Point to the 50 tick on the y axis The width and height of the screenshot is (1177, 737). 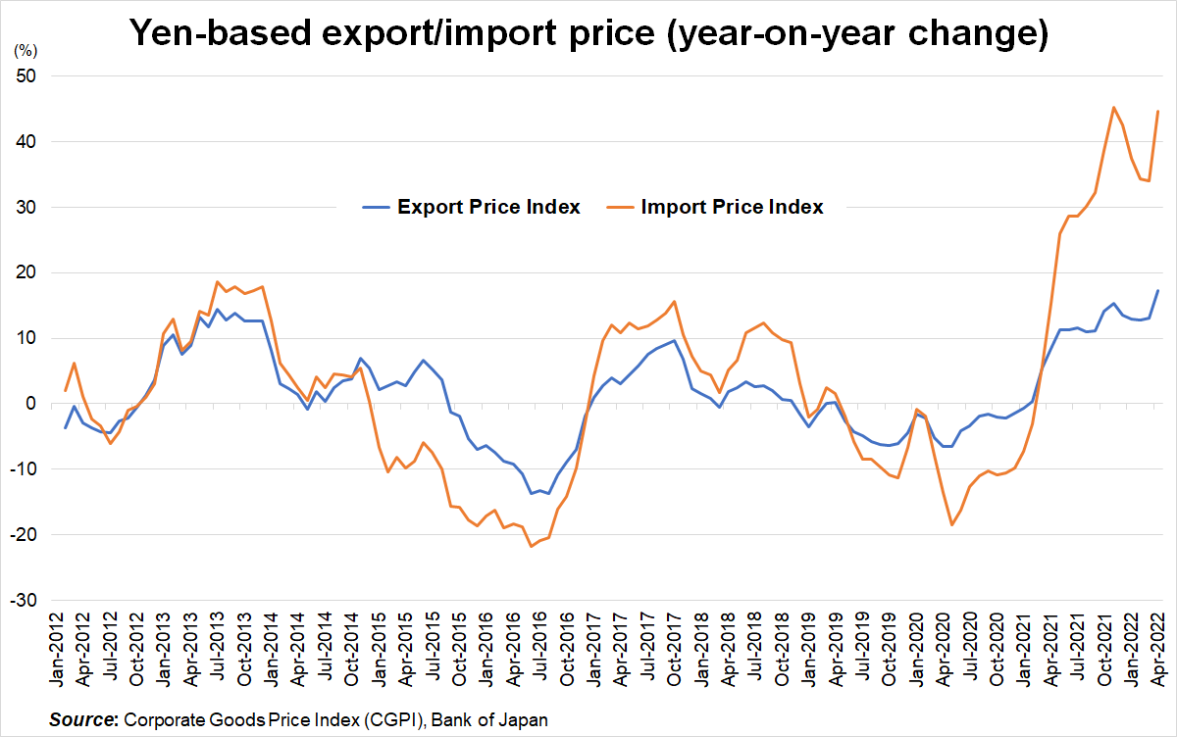pos(38,76)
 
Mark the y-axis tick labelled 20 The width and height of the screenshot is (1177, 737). pos(38,272)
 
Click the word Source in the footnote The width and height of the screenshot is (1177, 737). pos(81,720)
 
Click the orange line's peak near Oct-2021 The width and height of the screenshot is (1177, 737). pos(1113,107)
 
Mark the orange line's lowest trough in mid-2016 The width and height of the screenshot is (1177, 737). pos(532,546)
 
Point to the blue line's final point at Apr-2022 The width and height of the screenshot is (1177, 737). pos(1157,290)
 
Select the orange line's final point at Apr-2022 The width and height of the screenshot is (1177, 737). pos(1157,111)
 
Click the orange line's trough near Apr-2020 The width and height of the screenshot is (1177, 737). pos(951,525)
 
